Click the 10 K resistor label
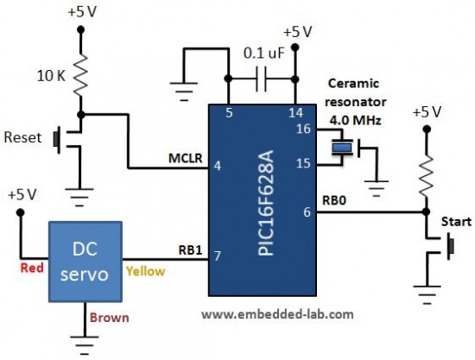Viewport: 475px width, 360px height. pos(51,76)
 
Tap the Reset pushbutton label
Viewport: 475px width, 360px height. pos(22,138)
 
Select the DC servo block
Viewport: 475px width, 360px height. pos(85,262)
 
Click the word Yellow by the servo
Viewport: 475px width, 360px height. pos(145,272)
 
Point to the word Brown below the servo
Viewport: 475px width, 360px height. pos(110,318)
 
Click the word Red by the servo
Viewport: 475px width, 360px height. pos(32,268)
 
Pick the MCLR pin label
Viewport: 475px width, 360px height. pos(185,158)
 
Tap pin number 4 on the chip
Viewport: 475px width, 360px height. pos(218,166)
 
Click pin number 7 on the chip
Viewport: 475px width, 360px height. pos(218,256)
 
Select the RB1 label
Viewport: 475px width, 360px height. pos(190,250)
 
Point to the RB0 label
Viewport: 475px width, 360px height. pos(334,200)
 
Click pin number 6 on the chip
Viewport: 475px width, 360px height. pos(307,212)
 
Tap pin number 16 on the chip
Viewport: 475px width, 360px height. pos(303,129)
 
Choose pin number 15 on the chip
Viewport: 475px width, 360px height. pos(303,163)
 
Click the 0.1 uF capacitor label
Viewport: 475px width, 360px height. pos(264,54)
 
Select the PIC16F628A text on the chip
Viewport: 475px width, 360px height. pos(266,203)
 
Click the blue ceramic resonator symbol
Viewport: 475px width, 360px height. pos(342,148)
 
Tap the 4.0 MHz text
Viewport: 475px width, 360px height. pos(355,121)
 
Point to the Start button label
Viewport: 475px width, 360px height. pos(456,222)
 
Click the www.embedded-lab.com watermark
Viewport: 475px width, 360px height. pos(277,314)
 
